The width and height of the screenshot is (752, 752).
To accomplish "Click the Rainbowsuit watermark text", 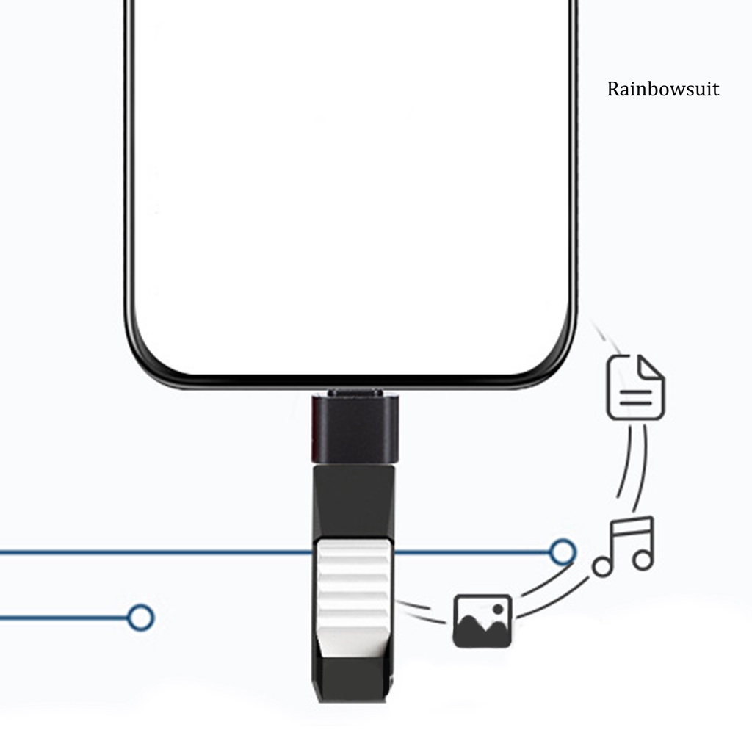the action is [663, 90].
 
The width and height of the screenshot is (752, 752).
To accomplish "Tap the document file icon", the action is [635, 387].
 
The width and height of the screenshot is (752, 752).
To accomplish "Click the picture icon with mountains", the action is [482, 621].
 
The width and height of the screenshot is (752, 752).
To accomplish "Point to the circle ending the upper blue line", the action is [563, 552].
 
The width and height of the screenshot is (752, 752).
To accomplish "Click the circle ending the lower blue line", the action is [140, 618].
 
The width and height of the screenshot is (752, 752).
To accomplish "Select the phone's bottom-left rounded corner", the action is [147, 360].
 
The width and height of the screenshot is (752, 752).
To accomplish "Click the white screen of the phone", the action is [351, 184].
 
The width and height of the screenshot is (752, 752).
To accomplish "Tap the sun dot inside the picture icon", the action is [498, 609].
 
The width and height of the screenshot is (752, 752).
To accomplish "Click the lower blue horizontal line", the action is [66, 618].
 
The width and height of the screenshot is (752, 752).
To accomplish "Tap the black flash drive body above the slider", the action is [353, 499].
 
